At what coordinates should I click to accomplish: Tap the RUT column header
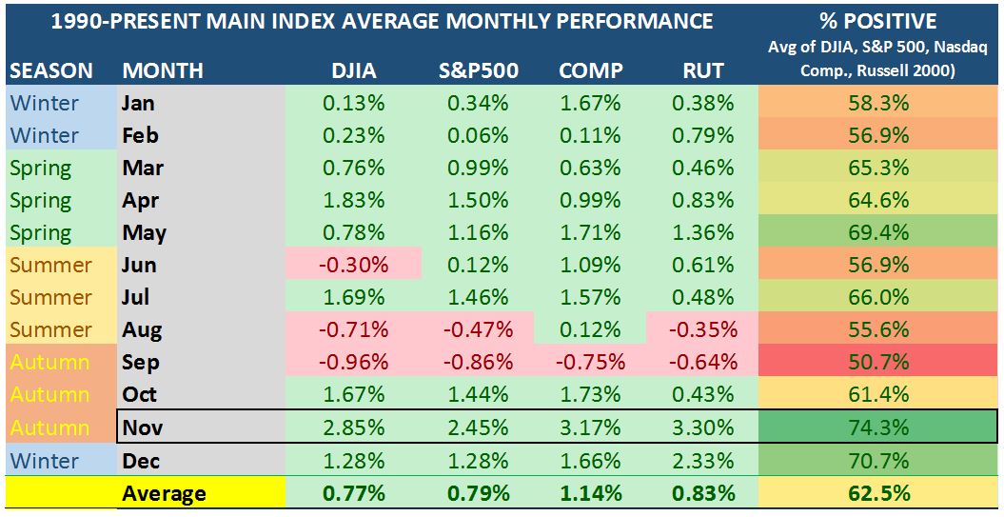point(702,70)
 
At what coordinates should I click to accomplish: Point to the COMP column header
point(590,70)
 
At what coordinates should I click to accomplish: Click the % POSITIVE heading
point(877,21)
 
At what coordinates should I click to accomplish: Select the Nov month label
point(142,428)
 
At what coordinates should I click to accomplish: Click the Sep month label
point(141,363)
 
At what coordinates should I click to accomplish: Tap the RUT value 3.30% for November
point(702,428)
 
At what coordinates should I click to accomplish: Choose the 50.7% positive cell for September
point(877,363)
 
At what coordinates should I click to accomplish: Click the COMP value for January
point(591,103)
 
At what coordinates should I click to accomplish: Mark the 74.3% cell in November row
point(877,428)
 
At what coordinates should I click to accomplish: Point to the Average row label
point(164,493)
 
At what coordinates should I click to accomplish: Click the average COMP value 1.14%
point(591,493)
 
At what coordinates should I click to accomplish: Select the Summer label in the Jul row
point(50,298)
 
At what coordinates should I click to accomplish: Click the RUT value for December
point(702,461)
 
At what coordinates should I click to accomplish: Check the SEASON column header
point(51,70)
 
